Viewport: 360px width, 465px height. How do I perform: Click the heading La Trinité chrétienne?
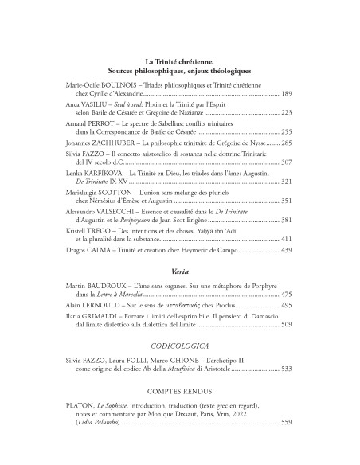(x=179, y=61)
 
